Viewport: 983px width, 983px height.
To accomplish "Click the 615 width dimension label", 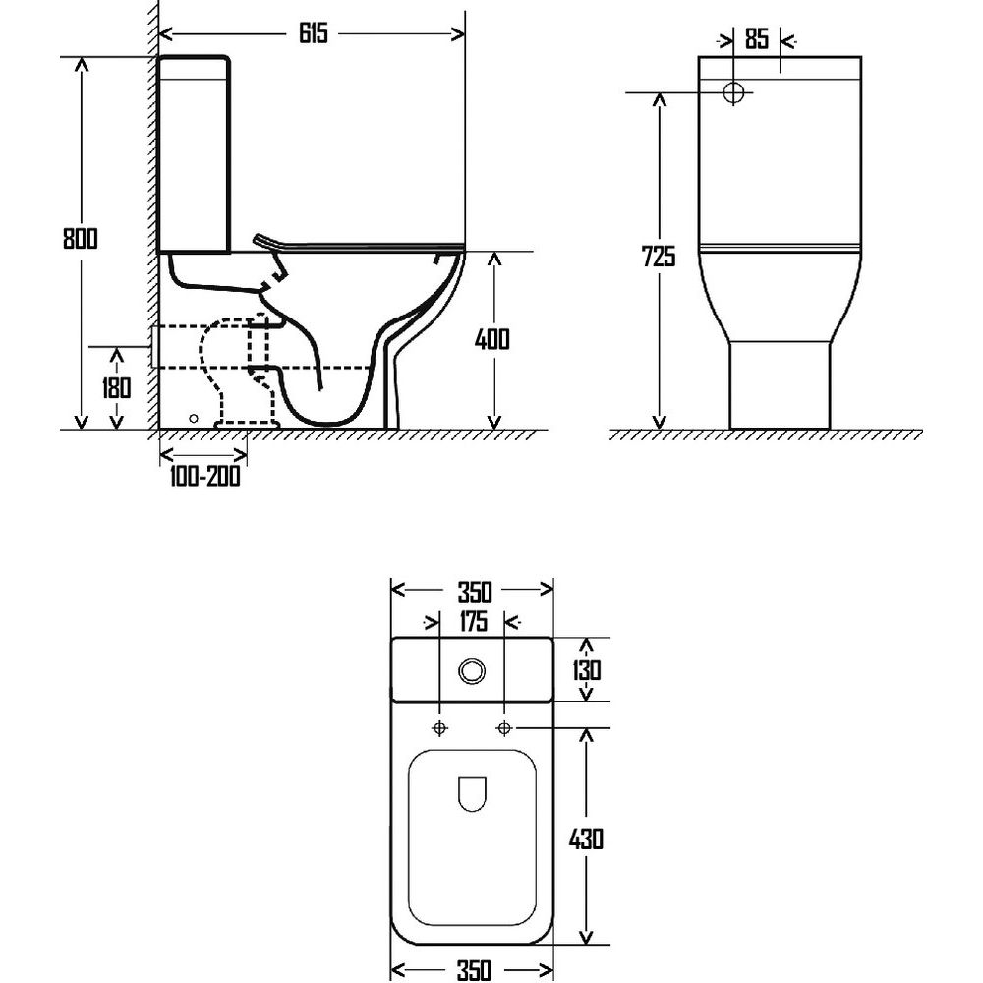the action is click(x=314, y=33).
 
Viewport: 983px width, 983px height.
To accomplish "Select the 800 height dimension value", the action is click(x=81, y=238).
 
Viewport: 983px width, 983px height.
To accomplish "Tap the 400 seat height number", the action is click(x=492, y=339).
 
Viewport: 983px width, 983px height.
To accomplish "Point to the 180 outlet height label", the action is click(x=117, y=388).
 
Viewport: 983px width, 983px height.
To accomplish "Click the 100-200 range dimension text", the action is click(x=204, y=477).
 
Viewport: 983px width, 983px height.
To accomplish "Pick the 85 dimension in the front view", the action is click(x=757, y=39).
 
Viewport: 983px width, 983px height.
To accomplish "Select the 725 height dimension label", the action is click(x=659, y=257).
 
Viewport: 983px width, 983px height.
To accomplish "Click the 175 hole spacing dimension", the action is click(x=474, y=622).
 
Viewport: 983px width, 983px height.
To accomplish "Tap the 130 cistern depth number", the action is click(x=586, y=670).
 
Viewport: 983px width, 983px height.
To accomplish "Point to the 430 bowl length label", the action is click(x=586, y=838).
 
